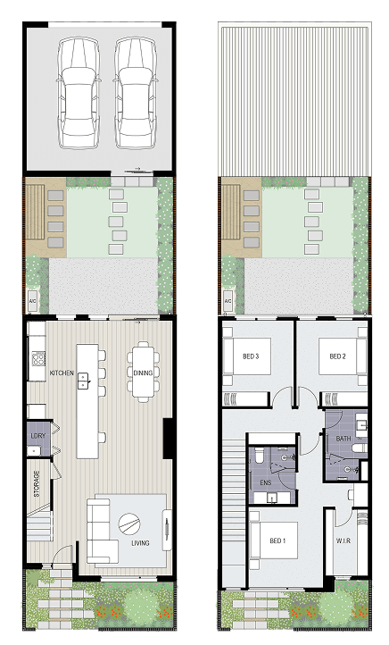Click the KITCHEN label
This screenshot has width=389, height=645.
[62, 373]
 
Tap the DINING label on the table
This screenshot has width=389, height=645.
[143, 373]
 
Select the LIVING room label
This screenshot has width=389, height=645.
[140, 543]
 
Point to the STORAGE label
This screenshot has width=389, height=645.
[37, 483]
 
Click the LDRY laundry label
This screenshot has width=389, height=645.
[38, 435]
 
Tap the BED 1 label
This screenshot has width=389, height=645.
[277, 540]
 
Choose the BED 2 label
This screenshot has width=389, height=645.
[337, 356]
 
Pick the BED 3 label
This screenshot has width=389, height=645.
[251, 356]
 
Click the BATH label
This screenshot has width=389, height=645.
[343, 439]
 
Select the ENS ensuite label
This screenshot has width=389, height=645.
[266, 482]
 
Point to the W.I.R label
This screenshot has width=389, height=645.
[343, 540]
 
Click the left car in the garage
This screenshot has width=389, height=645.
[79, 93]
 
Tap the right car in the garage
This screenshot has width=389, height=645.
[135, 93]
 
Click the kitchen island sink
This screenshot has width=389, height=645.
[83, 381]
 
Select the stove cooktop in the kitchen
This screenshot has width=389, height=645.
[39, 359]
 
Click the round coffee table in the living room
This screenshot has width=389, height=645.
[129, 524]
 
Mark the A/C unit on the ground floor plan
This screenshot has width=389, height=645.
[32, 301]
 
